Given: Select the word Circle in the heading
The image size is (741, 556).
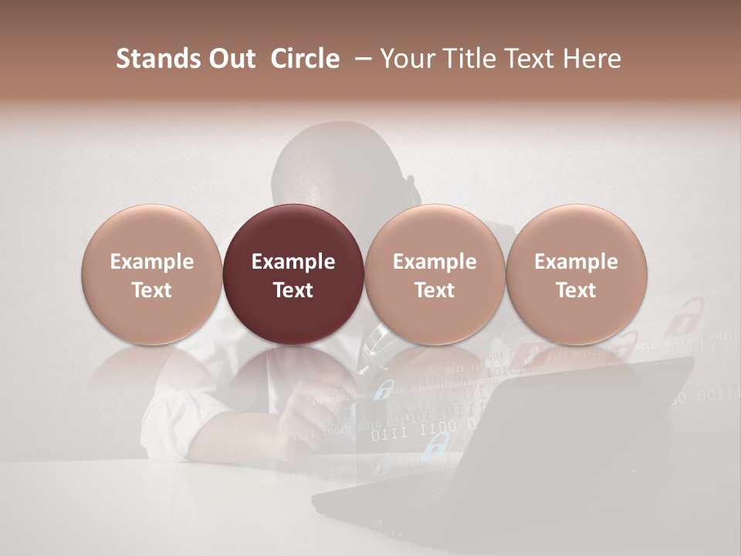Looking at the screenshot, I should point(305,59).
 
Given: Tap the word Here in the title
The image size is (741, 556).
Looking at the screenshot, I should point(592,59).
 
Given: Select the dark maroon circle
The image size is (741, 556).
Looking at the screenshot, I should point(293,275).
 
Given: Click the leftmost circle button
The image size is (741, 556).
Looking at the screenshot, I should point(152,275).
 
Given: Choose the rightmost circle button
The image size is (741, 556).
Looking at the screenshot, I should point(576,275).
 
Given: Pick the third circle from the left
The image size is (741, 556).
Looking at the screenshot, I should point(435,275).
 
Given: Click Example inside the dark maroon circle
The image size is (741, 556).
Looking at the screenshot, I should point(293,262).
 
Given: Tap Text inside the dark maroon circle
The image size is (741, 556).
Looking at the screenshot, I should point(293,290).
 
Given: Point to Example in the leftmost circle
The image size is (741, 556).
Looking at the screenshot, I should point(152,262).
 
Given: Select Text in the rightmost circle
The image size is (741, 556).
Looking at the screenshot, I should point(576,290).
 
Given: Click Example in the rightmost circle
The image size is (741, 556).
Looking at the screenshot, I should point(576,262).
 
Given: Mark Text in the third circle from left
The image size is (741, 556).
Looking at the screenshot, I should point(435,290).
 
